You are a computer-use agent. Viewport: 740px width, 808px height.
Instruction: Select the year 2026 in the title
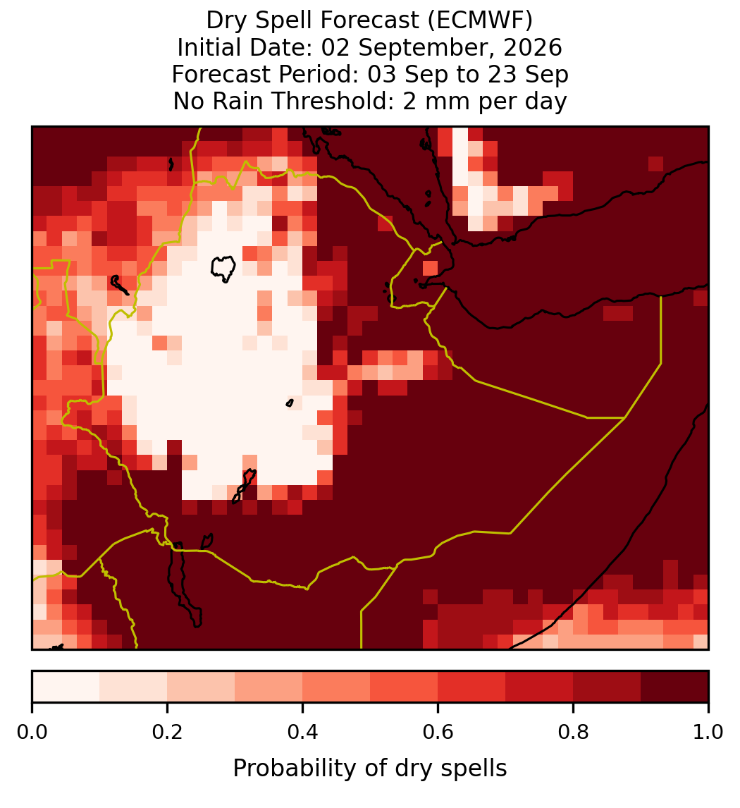point(533,47)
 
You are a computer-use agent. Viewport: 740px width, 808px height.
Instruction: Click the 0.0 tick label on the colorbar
point(32,732)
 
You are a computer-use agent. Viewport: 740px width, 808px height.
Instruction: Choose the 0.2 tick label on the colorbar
point(167,732)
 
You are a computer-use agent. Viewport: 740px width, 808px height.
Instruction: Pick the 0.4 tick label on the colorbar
point(303,732)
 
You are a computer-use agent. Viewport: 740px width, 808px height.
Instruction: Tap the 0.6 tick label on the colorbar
point(438,732)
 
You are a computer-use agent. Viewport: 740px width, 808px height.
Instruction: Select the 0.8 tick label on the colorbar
point(573,732)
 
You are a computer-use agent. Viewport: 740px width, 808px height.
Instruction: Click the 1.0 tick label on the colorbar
point(708,732)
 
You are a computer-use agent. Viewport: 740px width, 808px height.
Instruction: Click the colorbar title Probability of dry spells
point(370,769)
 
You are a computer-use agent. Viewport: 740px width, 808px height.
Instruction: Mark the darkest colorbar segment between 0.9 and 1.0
point(674,687)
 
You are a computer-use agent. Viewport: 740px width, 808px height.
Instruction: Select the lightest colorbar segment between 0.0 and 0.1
point(66,687)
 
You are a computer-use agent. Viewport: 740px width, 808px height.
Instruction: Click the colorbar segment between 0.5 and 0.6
point(404,687)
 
